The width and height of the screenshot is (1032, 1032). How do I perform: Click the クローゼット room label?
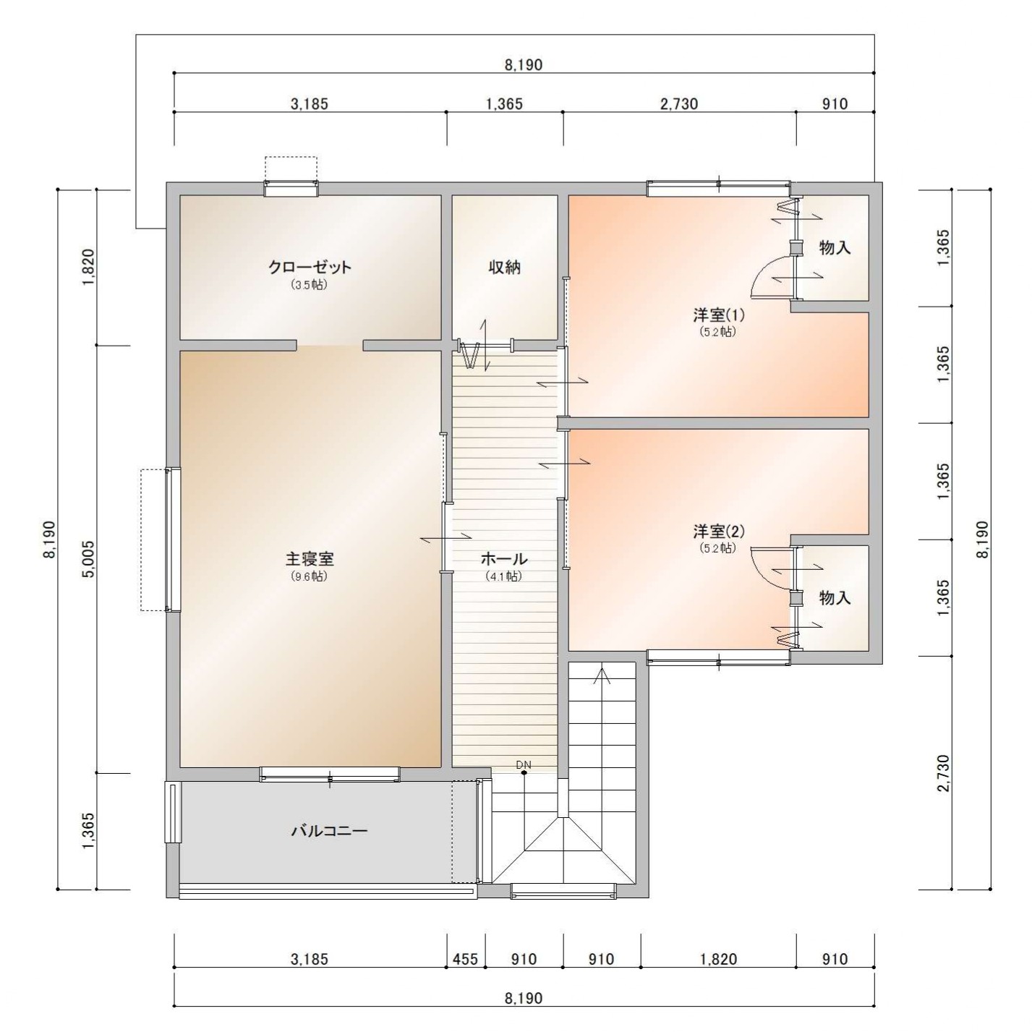[310, 267]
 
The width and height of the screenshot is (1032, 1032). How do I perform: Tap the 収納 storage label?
[505, 267]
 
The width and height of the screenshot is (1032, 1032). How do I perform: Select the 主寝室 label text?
[310, 559]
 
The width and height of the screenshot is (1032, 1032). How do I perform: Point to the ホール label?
[504, 559]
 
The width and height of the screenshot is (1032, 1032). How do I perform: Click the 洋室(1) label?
[718, 315]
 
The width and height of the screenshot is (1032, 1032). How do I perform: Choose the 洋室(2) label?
[718, 532]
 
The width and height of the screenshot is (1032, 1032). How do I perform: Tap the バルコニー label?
[329, 831]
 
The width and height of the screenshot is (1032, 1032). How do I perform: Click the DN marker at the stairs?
[524, 764]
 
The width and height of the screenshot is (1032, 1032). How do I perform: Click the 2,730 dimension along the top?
[679, 103]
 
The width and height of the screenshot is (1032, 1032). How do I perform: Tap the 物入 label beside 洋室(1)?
[835, 247]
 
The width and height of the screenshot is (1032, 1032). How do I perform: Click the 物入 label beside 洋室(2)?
[835, 597]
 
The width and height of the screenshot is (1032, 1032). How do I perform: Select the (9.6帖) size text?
[309, 576]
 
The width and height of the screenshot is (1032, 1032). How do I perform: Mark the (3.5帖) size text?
[309, 284]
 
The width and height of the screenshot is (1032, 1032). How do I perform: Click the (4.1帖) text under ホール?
[504, 576]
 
